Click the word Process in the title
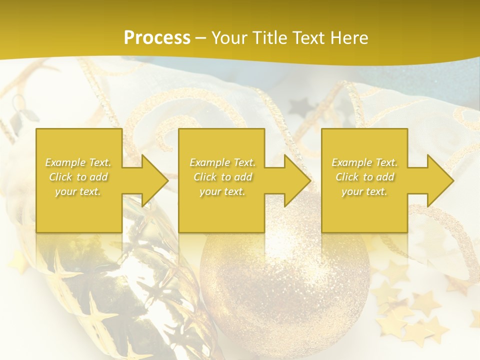click(157, 38)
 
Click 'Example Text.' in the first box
click(78, 162)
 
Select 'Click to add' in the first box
click(78, 177)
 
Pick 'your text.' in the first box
click(78, 191)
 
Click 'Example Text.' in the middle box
click(222, 162)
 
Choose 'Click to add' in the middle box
click(222, 177)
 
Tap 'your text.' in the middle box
click(222, 191)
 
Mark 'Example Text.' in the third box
click(364, 162)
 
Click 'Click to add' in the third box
click(364, 177)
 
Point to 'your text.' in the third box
click(364, 191)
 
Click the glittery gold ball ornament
click(285, 280)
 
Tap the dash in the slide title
click(200, 38)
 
